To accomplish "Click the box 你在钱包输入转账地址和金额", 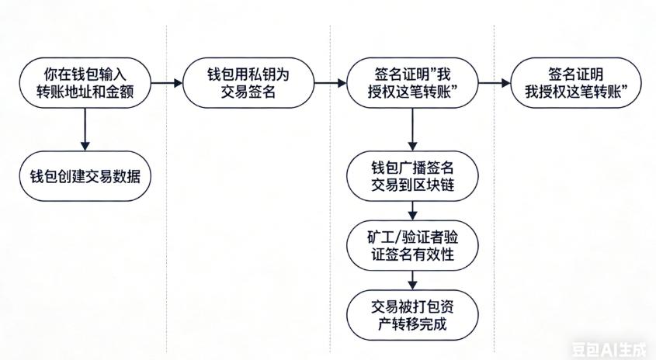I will [x=84, y=81].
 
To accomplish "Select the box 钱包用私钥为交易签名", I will [x=248, y=81].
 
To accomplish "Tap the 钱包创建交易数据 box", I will [x=84, y=175].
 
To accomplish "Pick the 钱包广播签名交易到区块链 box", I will [x=411, y=175].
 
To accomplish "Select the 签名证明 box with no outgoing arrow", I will [x=575, y=81].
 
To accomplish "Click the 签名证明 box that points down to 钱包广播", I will [x=411, y=81].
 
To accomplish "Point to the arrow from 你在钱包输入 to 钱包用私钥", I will [x=164, y=81].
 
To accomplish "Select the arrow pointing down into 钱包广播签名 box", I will [x=411, y=129].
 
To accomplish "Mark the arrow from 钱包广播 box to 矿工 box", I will [x=411, y=209].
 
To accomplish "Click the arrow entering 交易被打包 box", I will [x=411, y=277].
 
